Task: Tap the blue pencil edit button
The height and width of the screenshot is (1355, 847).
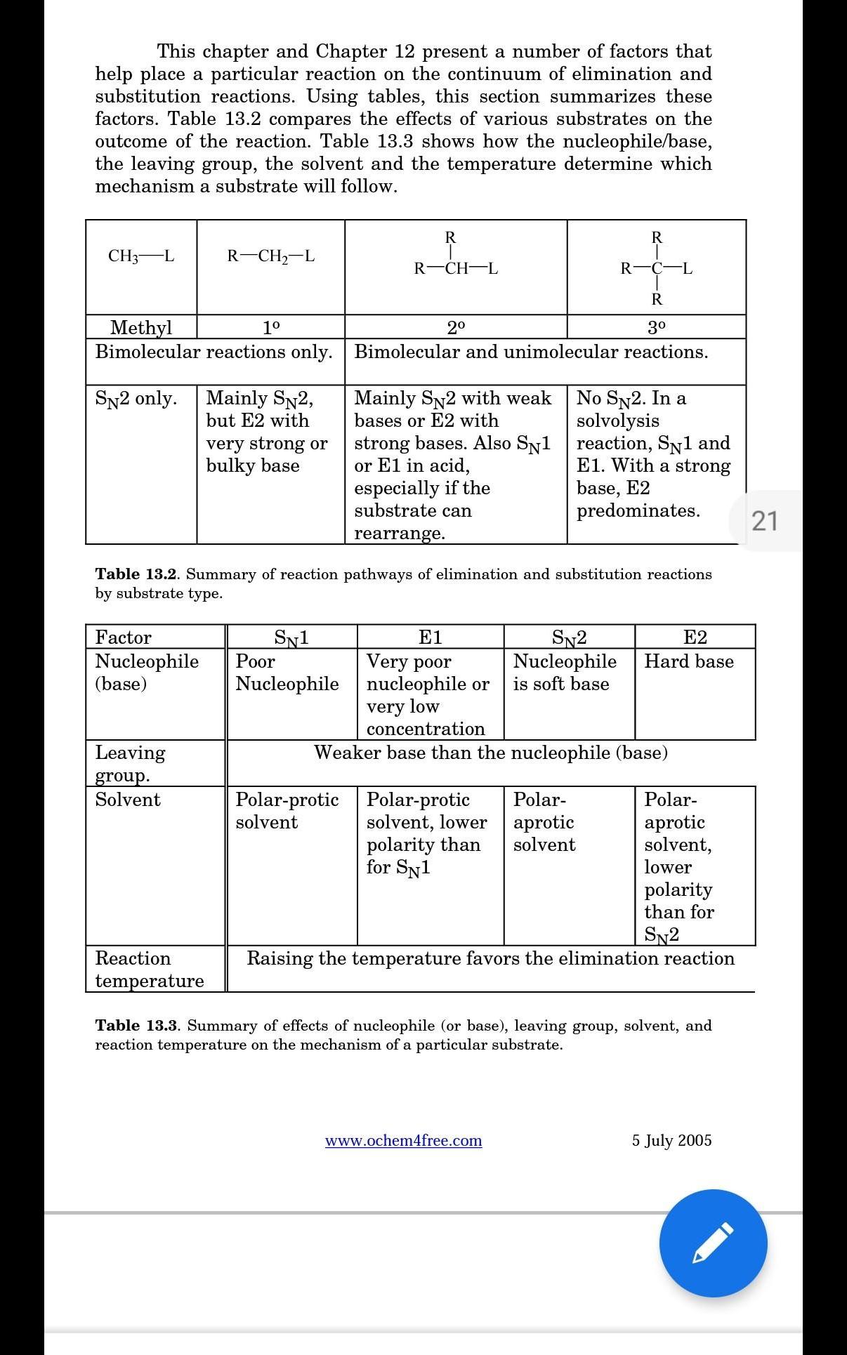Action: (713, 1243)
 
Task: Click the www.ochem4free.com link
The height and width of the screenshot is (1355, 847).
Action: (403, 1140)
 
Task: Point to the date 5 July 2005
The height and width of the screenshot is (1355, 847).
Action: (671, 1140)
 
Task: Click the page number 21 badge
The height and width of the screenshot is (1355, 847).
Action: (765, 521)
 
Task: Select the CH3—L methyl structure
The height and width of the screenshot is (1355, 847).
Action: (141, 256)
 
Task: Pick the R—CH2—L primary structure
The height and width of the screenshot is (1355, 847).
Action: (270, 256)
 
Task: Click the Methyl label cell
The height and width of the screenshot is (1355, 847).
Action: (141, 327)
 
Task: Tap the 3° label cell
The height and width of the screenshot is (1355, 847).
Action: (656, 327)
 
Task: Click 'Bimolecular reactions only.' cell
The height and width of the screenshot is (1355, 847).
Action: (214, 352)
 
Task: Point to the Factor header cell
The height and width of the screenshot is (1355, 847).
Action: (124, 637)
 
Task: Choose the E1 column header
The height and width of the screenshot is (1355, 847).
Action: (430, 637)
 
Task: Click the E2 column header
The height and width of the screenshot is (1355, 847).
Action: (695, 637)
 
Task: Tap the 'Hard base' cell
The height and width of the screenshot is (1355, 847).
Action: (689, 661)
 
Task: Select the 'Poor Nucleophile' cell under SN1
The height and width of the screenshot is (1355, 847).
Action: (287, 673)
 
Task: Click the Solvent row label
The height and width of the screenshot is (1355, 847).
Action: (128, 800)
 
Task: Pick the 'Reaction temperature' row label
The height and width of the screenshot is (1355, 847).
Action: (149, 970)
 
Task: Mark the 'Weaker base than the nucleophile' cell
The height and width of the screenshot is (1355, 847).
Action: (490, 753)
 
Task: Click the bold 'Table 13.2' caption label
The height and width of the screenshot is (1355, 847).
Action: (138, 574)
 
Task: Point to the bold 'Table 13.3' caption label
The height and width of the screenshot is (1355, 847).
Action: (138, 1026)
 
